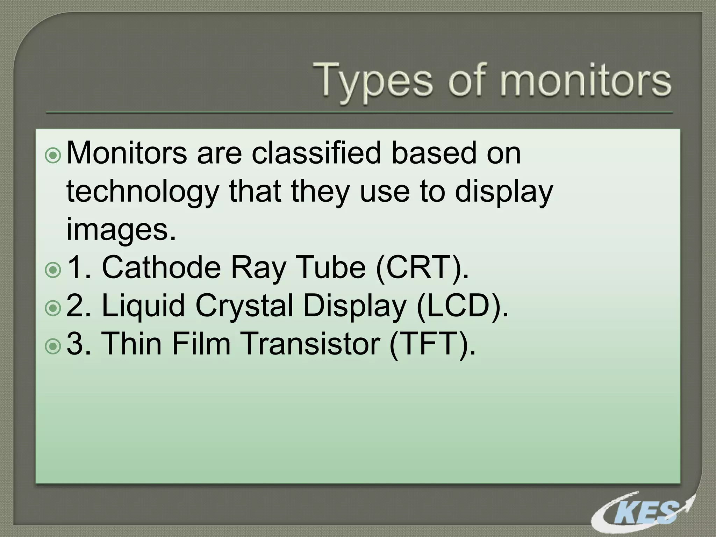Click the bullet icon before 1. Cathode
point(53,270)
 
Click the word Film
point(201,344)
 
